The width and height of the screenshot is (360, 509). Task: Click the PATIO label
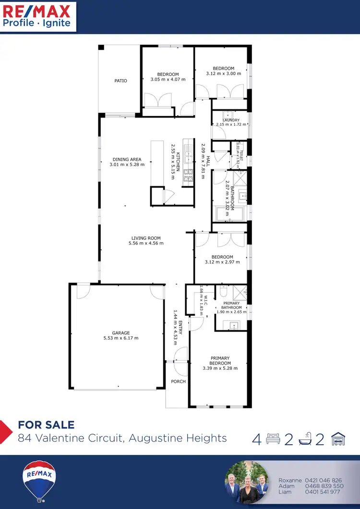pyautogui.click(x=121, y=81)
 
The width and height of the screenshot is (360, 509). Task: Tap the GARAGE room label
pyautogui.click(x=121, y=333)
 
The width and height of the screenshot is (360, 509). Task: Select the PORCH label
pyautogui.click(x=179, y=382)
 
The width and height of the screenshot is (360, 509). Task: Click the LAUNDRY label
pyautogui.click(x=231, y=120)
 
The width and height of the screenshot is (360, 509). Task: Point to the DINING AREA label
pyautogui.click(x=127, y=159)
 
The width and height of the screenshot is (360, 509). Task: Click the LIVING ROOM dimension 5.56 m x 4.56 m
pyautogui.click(x=146, y=243)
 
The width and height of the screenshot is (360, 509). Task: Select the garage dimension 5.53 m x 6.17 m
pyautogui.click(x=121, y=338)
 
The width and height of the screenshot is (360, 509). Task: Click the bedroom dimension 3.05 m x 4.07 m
pyautogui.click(x=168, y=79)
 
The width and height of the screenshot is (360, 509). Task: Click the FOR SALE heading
pyautogui.click(x=46, y=425)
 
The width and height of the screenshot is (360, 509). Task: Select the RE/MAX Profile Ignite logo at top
pyautogui.click(x=37, y=16)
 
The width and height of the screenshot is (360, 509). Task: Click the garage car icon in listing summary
pyautogui.click(x=338, y=438)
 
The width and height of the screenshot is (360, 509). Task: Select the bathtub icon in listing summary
pyautogui.click(x=306, y=439)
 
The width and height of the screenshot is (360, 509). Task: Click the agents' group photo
pyautogui.click(x=247, y=482)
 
